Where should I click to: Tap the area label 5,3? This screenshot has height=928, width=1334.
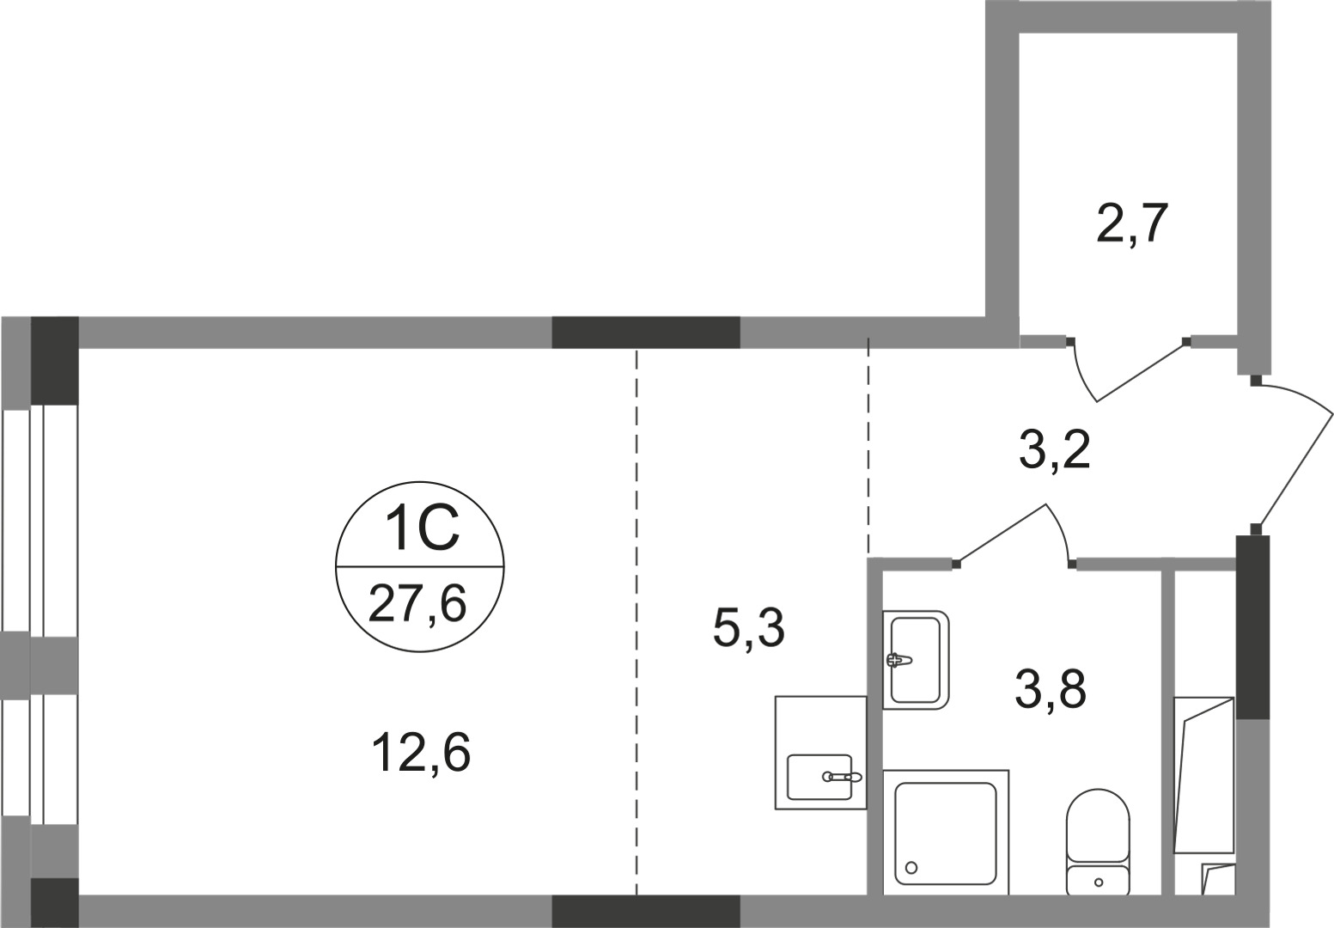748,629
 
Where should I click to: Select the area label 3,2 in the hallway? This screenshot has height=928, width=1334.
1054,450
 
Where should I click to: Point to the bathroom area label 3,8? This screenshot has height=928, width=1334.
1051,689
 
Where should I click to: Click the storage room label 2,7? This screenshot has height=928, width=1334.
1132,225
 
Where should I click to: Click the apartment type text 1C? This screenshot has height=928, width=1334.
422,530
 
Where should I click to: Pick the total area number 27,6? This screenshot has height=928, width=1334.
417,603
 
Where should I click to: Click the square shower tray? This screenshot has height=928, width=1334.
946,833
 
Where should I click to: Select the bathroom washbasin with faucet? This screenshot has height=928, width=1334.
916,659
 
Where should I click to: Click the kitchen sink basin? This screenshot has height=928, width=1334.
820,776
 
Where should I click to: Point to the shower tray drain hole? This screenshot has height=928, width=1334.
911,867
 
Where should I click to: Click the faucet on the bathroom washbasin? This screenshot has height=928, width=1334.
897,660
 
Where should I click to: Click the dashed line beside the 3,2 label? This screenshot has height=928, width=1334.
868,447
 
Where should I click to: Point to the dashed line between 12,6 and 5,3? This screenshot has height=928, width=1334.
637,619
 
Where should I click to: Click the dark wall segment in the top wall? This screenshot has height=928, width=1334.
645,332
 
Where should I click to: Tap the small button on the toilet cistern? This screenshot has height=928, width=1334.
1099,882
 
